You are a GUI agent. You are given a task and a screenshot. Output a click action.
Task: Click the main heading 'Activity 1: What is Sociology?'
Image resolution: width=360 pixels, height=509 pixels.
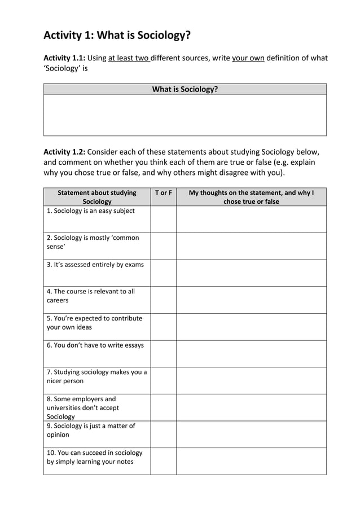click(117, 36)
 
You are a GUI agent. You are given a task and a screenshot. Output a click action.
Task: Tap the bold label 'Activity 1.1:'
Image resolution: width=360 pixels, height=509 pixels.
click(64, 58)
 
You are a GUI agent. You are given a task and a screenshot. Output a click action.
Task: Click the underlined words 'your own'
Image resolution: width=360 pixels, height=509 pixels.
click(248, 58)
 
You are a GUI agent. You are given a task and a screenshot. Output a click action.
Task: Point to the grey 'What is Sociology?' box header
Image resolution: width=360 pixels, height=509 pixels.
click(185, 89)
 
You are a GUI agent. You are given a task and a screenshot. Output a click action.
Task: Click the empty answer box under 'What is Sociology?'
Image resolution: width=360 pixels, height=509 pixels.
click(185, 115)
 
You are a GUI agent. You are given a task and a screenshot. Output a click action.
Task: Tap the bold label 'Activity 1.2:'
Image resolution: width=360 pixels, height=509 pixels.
click(64, 152)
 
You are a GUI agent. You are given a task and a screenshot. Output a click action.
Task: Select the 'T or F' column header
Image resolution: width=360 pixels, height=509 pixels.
click(163, 193)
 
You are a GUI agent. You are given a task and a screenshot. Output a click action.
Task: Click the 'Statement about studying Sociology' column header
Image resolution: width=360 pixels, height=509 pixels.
click(97, 197)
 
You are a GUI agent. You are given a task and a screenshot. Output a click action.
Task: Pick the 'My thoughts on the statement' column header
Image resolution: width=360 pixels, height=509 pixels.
click(251, 197)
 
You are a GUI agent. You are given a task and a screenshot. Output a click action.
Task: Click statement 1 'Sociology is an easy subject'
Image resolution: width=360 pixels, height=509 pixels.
click(91, 211)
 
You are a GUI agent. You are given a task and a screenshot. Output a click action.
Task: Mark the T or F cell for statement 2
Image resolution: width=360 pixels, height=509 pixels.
click(163, 246)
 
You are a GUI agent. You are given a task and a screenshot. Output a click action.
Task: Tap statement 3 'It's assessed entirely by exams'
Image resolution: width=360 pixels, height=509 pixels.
click(95, 265)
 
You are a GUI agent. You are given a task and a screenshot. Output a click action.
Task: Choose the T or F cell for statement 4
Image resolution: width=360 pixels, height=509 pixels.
click(163, 300)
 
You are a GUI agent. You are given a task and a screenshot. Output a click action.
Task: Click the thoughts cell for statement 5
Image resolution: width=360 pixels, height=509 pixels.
click(251, 327)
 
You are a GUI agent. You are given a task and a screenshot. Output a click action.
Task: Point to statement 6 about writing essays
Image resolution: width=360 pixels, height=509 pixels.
click(95, 345)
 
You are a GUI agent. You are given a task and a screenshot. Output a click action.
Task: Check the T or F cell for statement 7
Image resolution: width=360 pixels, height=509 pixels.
click(163, 380)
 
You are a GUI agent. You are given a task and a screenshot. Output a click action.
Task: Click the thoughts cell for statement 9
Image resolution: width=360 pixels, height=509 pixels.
click(251, 434)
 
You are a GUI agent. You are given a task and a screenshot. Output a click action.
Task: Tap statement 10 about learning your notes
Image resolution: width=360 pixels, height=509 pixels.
click(94, 457)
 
